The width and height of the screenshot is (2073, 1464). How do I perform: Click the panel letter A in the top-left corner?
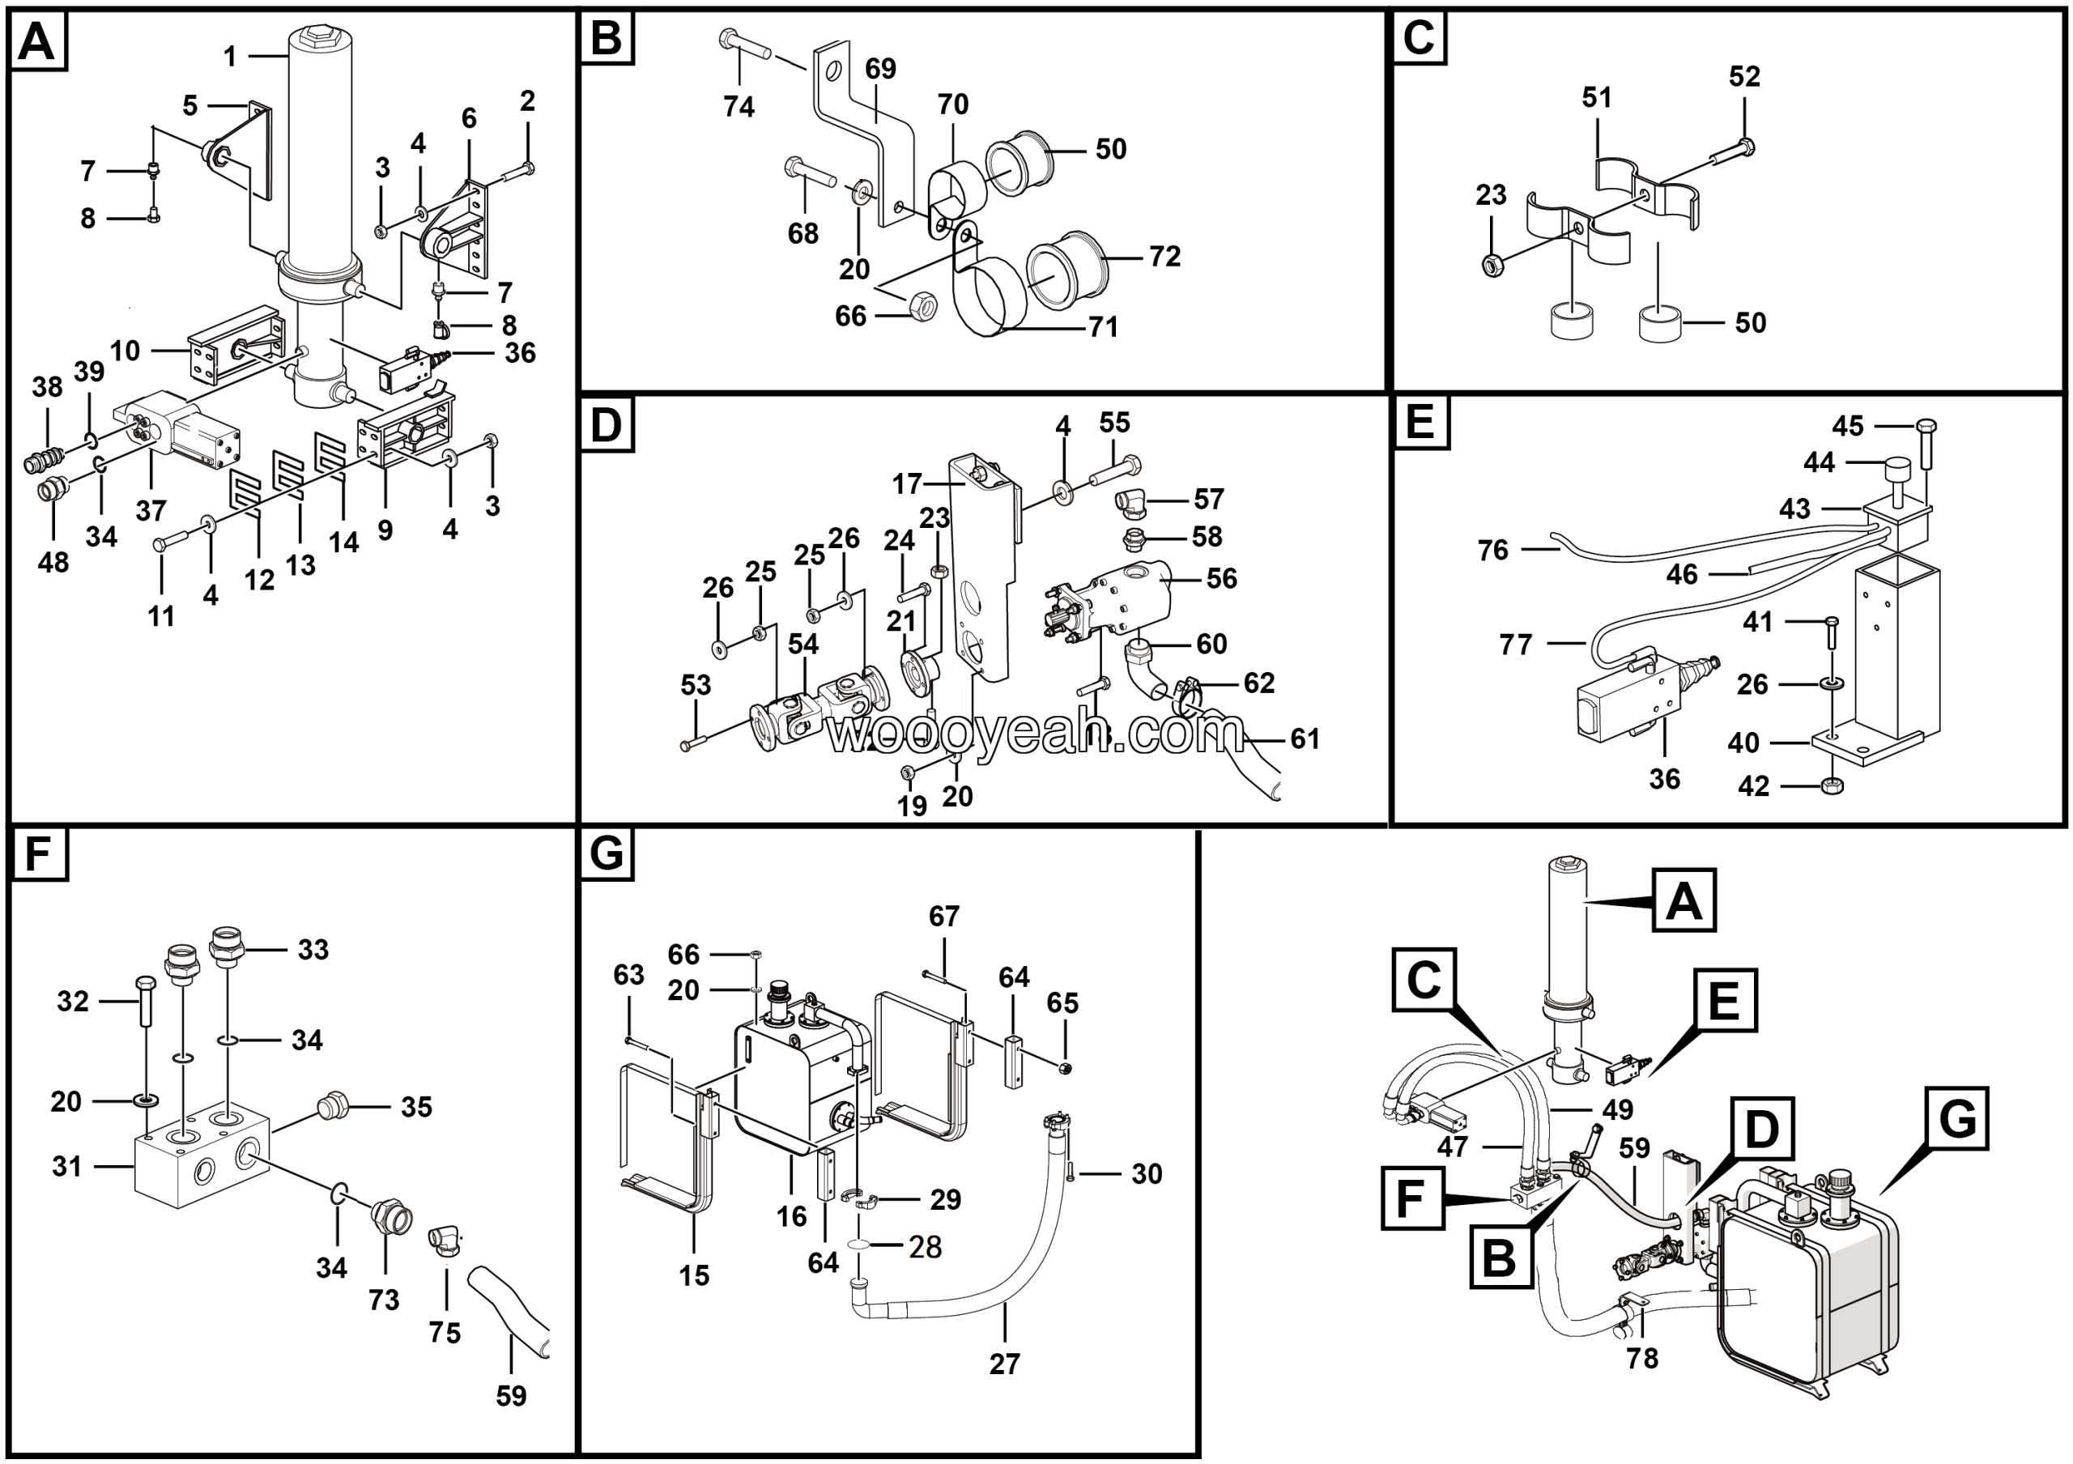[x=37, y=40]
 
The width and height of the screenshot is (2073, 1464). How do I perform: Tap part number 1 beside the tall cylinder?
[x=230, y=57]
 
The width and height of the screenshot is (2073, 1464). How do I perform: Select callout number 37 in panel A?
[x=151, y=511]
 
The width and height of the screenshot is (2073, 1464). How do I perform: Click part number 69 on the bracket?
[x=880, y=69]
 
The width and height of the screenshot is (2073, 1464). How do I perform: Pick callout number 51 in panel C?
[x=1596, y=97]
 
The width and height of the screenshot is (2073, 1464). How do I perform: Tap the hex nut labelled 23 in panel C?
[x=1492, y=265]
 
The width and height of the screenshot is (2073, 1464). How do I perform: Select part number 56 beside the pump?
[x=1222, y=579]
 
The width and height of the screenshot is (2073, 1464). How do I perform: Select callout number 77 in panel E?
[x=1515, y=645]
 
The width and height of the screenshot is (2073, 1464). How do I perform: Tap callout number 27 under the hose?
[x=1004, y=1364]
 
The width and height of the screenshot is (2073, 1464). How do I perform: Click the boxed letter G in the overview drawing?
[x=1956, y=1119]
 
